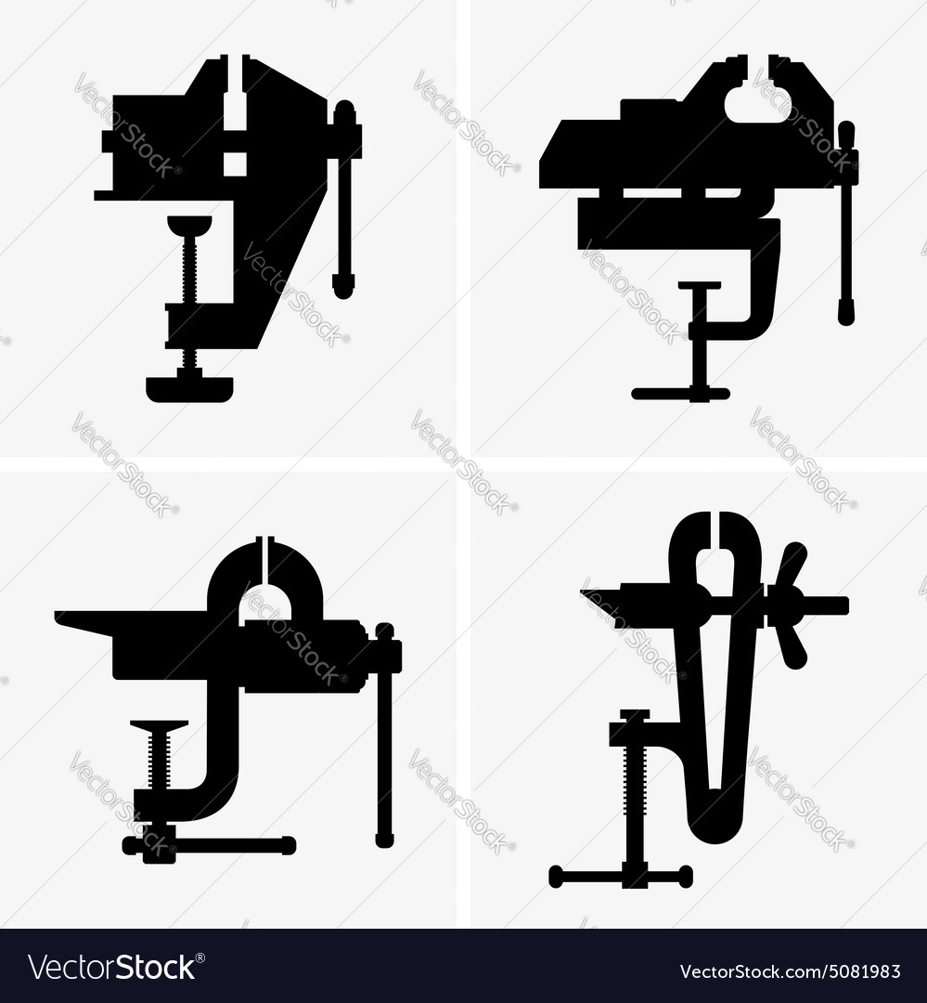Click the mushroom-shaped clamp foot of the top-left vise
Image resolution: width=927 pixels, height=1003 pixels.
[189, 387]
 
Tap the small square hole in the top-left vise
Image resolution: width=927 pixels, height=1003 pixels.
[235, 163]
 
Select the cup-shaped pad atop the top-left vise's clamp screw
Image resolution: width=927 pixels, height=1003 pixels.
[189, 224]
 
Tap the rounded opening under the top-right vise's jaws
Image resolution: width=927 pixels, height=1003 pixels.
[757, 107]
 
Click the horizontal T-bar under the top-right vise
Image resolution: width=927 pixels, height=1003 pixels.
[680, 394]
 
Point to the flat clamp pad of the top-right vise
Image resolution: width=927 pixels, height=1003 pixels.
[699, 285]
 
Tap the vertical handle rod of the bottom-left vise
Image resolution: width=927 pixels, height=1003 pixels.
[384, 743]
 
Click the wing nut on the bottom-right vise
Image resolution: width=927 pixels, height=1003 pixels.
[789, 606]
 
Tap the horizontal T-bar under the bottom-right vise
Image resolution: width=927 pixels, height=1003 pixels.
[620, 877]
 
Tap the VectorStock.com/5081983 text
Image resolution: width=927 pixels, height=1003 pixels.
[790, 971]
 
